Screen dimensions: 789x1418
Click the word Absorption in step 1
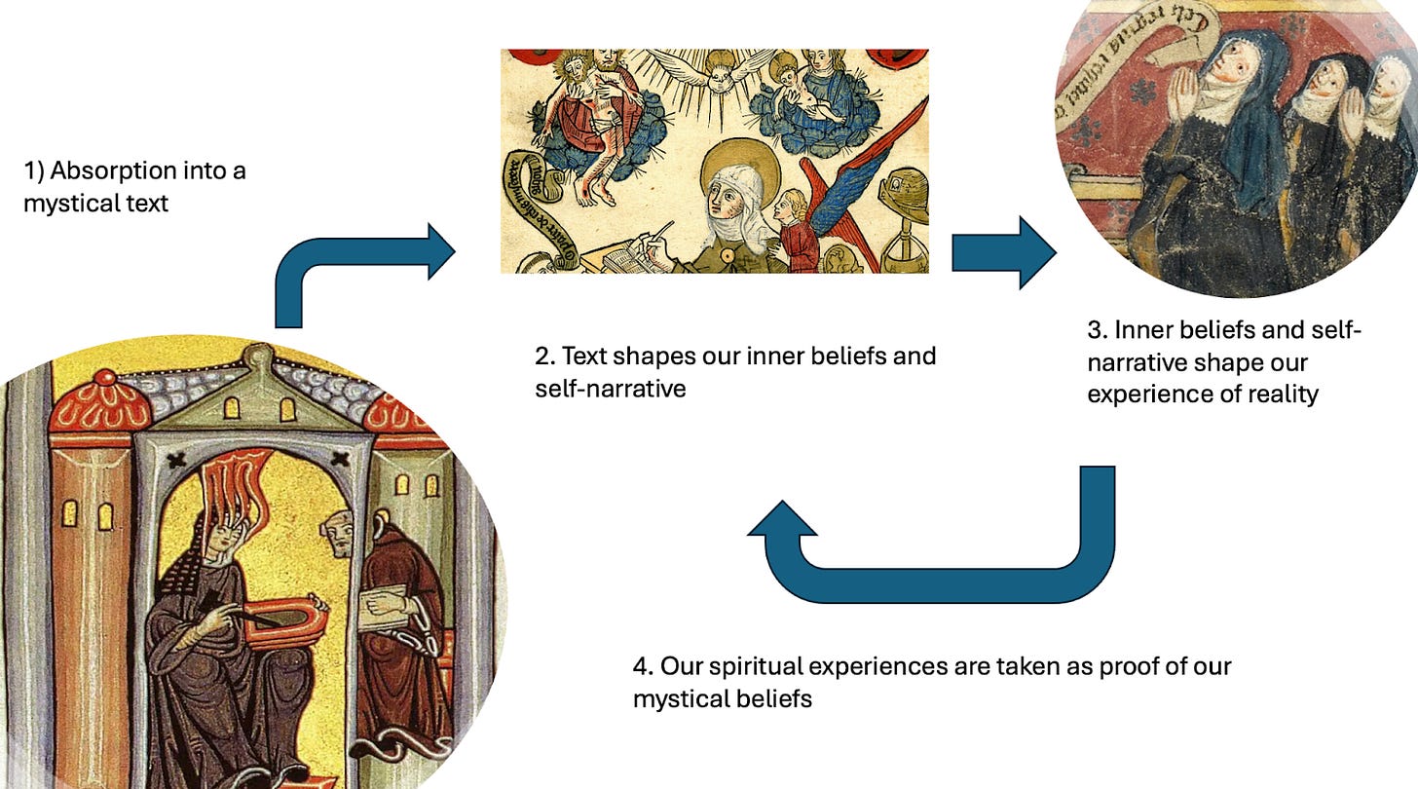(x=106, y=171)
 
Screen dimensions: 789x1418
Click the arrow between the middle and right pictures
(x=1003, y=252)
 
